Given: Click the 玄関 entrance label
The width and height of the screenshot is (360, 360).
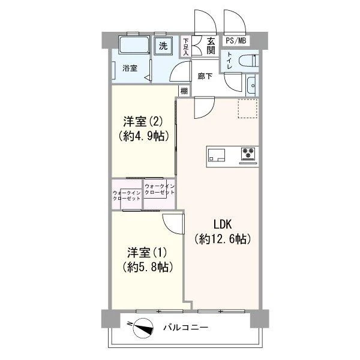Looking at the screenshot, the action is point(211,46).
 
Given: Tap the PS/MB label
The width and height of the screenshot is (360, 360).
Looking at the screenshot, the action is point(236,41).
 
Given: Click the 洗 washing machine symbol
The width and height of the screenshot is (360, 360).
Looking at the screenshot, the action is point(163,46).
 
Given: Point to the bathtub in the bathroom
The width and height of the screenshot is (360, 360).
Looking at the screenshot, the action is point(134,44).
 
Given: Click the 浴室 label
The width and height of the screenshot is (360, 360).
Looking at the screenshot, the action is point(130,68).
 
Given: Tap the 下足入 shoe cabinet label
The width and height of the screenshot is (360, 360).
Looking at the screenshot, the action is point(185,47).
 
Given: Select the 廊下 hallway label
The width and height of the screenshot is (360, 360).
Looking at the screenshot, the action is point(205,76).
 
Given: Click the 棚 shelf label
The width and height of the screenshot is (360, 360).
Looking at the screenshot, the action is point(184,91).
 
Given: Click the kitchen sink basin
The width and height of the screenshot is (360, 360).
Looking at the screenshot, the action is point(216,155).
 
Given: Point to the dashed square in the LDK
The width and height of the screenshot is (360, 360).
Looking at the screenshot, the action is point(247,109).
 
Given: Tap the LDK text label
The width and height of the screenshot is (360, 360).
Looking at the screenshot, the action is point(223,224).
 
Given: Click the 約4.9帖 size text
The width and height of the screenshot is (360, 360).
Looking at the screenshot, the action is point(144,136).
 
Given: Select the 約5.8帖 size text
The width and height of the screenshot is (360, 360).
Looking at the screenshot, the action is point(148,267).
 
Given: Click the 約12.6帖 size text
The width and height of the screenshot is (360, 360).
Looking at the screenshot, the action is point(223,239).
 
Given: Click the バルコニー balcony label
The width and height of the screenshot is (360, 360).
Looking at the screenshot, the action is point(186,328).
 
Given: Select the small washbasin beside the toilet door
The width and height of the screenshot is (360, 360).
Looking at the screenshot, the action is point(251,86).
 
